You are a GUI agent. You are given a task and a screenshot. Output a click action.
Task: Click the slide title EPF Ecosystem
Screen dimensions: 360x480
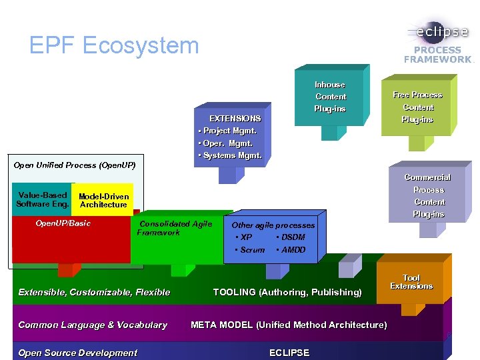[114, 45]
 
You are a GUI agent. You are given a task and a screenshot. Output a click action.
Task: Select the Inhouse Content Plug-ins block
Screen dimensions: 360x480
[330, 97]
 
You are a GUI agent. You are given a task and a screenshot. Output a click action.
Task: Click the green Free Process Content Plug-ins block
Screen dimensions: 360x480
[417, 107]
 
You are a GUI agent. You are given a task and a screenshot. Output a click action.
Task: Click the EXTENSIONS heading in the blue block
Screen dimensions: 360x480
[235, 118]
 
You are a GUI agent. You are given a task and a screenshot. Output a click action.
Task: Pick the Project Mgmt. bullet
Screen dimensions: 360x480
[228, 131]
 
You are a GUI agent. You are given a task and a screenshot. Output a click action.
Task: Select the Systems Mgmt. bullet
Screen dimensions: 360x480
[231, 155]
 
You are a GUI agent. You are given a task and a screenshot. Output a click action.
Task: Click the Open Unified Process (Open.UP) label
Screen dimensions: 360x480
[75, 165]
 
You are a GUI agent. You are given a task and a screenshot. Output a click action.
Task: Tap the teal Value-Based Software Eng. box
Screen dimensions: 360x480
[42, 199]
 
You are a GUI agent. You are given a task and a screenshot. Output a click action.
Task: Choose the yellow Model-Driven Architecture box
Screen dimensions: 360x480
[103, 200]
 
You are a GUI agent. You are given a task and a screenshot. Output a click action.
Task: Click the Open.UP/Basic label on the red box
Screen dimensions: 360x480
[63, 223]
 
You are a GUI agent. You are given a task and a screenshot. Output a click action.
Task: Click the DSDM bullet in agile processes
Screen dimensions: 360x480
[291, 237]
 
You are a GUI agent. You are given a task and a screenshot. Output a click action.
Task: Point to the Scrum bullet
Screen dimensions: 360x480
[251, 250]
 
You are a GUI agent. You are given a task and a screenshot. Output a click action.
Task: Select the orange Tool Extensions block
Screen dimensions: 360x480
[411, 282]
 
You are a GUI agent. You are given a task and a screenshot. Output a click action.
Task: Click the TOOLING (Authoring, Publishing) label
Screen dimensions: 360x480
[287, 292]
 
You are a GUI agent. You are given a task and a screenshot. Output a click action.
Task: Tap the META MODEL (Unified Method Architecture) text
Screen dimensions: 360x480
[289, 325]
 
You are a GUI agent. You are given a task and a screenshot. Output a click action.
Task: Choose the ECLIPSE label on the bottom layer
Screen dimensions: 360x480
[289, 353]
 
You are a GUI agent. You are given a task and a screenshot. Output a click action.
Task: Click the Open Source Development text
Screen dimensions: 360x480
[77, 353]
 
